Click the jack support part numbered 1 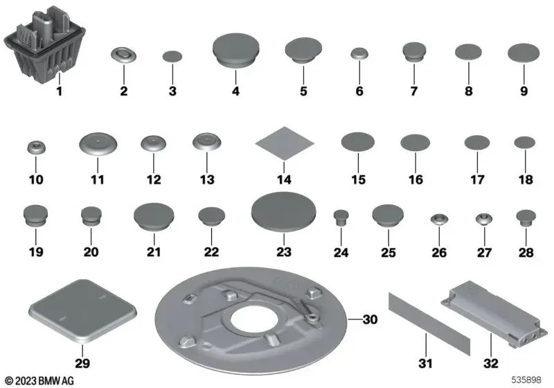tap(45, 44)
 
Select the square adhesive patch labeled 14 tap(285, 143)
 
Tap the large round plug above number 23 tap(284, 211)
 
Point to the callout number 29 tap(82, 363)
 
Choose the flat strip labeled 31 tap(429, 324)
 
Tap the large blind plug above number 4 tap(235, 49)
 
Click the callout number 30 tap(370, 319)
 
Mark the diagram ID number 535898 tap(526, 380)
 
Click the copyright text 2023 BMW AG tap(40, 380)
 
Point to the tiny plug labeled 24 tap(341, 218)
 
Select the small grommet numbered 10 tap(36, 147)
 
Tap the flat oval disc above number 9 tap(524, 53)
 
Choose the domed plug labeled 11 tap(98, 143)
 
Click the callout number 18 tap(526, 179)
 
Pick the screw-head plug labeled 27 tap(484, 219)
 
